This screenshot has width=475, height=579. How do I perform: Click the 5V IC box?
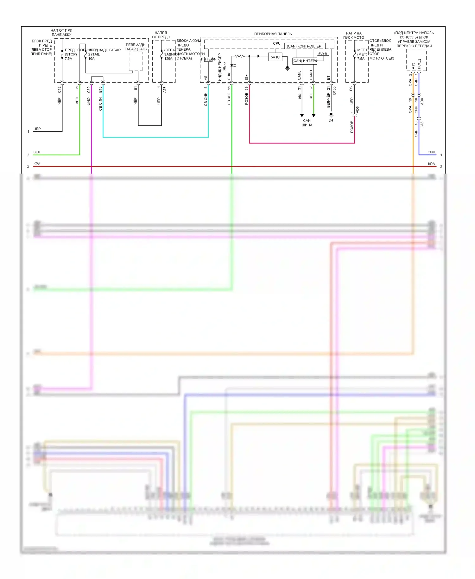point(275,57)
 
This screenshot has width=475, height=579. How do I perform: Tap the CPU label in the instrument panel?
point(276,43)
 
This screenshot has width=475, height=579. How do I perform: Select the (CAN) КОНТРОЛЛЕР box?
point(304,46)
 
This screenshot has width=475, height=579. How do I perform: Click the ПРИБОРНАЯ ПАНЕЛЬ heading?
point(273,34)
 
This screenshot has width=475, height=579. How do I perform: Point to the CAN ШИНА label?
point(307,123)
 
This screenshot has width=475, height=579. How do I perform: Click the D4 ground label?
point(331,120)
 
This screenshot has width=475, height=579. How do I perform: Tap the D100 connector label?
point(334,91)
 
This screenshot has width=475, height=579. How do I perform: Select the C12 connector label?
point(59,90)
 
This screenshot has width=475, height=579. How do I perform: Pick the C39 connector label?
point(89,90)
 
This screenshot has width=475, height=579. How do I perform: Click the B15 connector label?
point(100,90)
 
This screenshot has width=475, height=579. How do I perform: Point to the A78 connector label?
point(165,90)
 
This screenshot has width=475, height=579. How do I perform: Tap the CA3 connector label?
point(422,125)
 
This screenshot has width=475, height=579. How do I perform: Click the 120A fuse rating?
point(168,59)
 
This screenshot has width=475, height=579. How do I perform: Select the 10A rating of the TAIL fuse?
point(91,59)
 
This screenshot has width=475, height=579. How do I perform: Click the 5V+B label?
point(322,54)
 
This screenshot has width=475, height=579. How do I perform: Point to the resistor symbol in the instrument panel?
point(239,56)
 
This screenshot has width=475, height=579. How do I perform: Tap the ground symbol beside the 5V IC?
point(287,68)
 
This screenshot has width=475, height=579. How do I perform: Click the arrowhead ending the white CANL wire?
point(302,116)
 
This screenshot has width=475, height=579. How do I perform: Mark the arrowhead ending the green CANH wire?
point(313,116)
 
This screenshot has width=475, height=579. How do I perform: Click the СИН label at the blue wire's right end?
point(431,152)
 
